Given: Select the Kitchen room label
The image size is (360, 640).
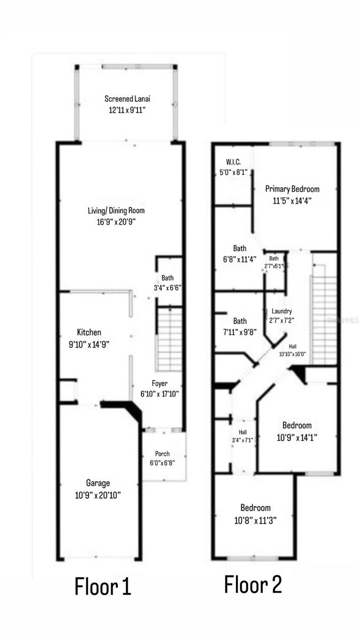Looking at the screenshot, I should (89, 332).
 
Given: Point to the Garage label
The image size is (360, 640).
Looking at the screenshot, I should (98, 483).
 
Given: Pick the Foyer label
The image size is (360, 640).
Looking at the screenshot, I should (159, 383).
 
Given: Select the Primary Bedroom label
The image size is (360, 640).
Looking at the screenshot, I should (292, 189).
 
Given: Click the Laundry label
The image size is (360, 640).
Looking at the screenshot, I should (281, 311).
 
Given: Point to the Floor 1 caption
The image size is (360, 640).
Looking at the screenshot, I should (102, 587).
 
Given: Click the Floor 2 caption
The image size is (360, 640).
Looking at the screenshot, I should (253, 585).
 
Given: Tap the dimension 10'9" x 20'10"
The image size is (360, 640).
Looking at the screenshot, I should (98, 495).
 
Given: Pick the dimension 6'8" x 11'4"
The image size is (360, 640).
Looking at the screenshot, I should (239, 259).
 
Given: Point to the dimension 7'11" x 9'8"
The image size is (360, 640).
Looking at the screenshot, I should (239, 332).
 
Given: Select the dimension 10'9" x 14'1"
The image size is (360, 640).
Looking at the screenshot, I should (297, 437).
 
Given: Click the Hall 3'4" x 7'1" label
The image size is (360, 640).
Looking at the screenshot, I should (243, 436).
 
